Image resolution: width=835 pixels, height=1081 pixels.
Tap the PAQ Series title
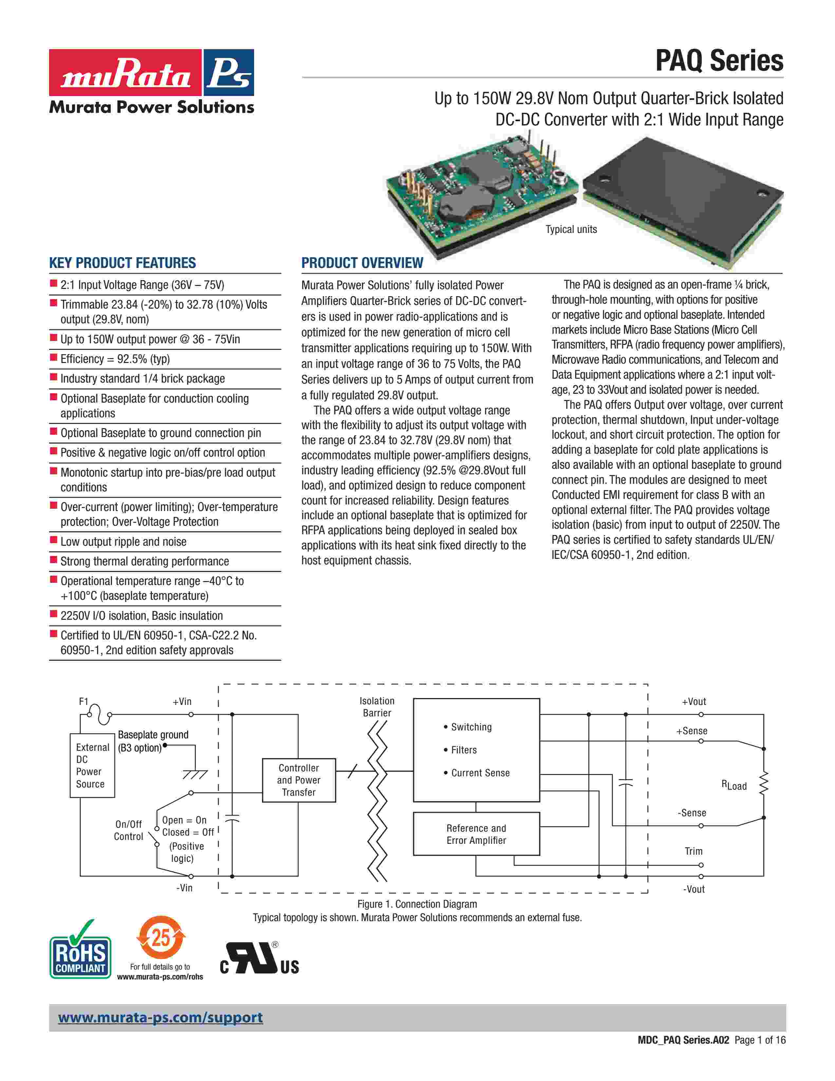(719, 61)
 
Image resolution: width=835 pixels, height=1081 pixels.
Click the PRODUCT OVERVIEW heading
(362, 263)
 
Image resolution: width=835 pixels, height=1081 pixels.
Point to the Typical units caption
(571, 229)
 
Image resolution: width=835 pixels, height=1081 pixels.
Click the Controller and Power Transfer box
(299, 780)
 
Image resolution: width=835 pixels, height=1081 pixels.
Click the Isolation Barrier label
(377, 707)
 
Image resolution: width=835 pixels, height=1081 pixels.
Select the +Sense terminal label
(692, 731)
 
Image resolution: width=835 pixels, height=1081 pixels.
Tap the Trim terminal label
(694, 851)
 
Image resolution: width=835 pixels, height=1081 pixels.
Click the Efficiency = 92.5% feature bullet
(115, 359)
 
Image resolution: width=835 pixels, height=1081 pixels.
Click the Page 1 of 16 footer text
(760, 1040)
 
